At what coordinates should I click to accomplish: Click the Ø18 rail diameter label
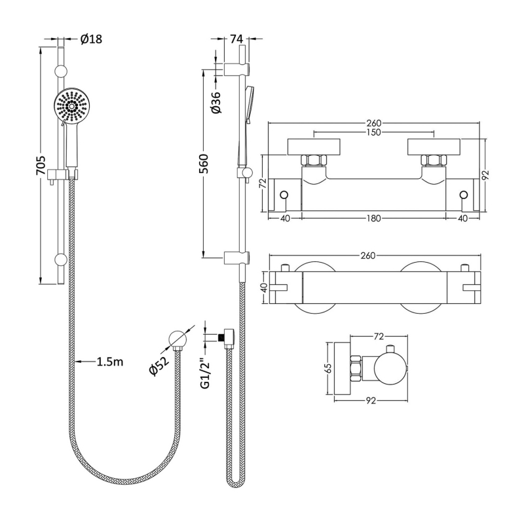tap(91, 39)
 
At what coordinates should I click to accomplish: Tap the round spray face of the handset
tap(71, 107)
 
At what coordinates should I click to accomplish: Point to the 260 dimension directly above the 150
tap(374, 123)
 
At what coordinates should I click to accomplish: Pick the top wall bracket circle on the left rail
tap(60, 71)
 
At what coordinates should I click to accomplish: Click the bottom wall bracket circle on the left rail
tap(60, 259)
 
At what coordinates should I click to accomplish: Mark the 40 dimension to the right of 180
tap(464, 218)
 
